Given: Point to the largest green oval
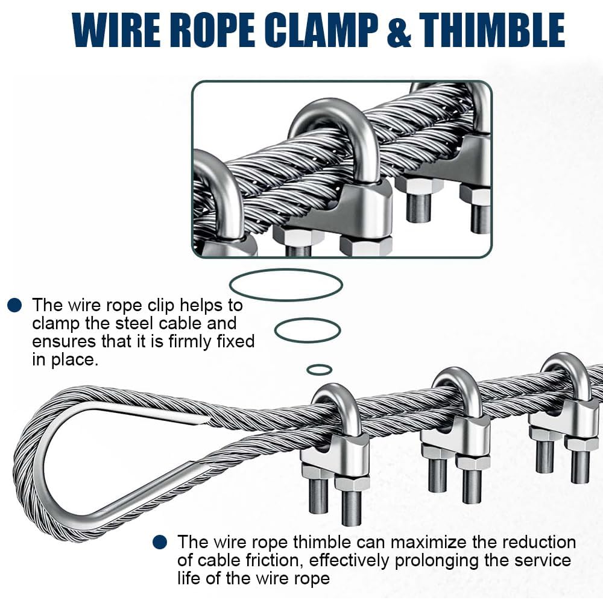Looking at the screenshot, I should click(286, 285).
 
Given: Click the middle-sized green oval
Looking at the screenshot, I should click(307, 330).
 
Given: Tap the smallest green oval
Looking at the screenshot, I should click(319, 370).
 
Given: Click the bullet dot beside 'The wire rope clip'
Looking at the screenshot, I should click(14, 306).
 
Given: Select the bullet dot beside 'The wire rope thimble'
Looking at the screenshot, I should click(160, 541).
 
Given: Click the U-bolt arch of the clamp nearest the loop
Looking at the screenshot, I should click(335, 393).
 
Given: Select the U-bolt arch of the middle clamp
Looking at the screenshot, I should click(456, 377).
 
